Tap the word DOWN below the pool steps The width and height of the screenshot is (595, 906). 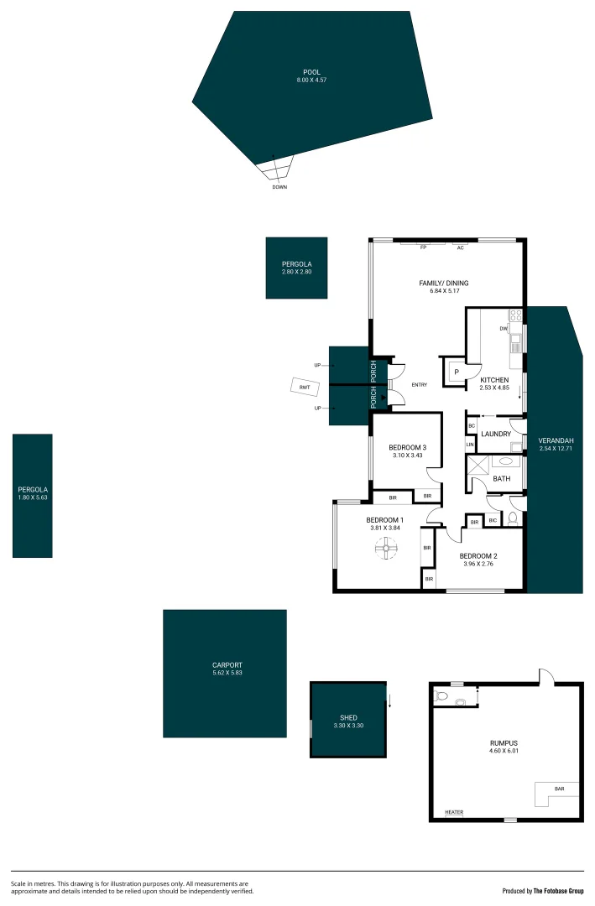[279, 187]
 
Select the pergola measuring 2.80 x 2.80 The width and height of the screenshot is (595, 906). [296, 268]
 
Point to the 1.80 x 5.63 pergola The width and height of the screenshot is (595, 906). [33, 495]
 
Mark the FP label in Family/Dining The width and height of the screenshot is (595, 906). [424, 248]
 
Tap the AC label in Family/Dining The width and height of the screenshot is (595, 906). [460, 248]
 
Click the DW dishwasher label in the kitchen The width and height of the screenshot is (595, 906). [504, 328]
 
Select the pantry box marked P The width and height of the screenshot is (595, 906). [457, 372]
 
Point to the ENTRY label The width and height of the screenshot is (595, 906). [420, 385]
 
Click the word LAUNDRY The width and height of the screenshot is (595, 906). [496, 434]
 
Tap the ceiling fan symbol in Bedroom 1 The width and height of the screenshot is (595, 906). [387, 550]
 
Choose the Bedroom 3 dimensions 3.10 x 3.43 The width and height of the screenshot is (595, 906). [410, 456]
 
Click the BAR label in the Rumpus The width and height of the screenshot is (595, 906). [559, 789]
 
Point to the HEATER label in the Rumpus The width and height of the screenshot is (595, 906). [453, 812]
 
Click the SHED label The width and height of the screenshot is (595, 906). [348, 717]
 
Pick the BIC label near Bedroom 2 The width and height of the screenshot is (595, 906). [493, 522]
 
